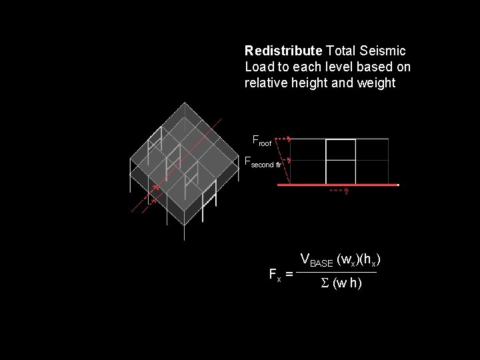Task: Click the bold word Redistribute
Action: pos(283,51)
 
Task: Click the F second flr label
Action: pos(263,161)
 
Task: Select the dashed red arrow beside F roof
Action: pos(283,139)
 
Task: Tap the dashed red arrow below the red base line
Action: pos(339,191)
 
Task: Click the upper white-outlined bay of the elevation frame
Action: pos(340,149)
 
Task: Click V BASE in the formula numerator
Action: pos(317,259)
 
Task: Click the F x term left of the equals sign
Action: pos(273,273)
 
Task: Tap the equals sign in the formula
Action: pos(289,274)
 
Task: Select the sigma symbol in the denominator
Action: pos(325,283)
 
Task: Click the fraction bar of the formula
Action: pos(337,272)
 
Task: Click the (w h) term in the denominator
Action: pos(347,283)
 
